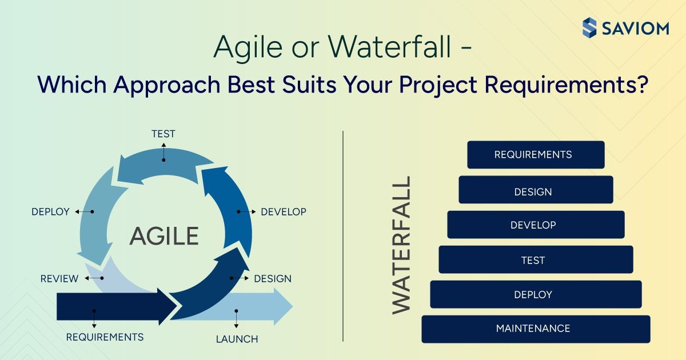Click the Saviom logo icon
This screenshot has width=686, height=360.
pos(589,28)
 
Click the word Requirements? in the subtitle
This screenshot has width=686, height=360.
pos(567,85)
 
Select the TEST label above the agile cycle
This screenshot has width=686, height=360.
pos(163,134)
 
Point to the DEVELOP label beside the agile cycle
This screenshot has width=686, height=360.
pos(284,212)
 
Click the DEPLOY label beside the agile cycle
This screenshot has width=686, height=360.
pos(50,212)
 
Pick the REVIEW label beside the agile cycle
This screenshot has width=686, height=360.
pos(59,279)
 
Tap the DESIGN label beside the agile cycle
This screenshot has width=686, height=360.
pos(273,279)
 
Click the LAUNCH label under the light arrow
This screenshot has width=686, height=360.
pos(237,339)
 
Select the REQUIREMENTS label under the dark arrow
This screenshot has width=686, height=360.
pos(105,337)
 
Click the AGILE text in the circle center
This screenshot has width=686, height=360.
pos(165,236)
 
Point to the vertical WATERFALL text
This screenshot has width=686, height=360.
pos(401,245)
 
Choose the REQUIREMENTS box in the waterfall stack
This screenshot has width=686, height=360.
pos(536,155)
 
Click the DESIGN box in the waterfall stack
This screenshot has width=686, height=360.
pos(536,190)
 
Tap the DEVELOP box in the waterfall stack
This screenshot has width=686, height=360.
pos(536,225)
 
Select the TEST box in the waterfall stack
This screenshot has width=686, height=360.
pos(536,259)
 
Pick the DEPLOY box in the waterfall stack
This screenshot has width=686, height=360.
pos(536,294)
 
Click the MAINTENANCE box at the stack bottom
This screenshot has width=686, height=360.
pos(536,329)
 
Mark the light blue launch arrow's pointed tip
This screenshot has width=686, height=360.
pos(293,306)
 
